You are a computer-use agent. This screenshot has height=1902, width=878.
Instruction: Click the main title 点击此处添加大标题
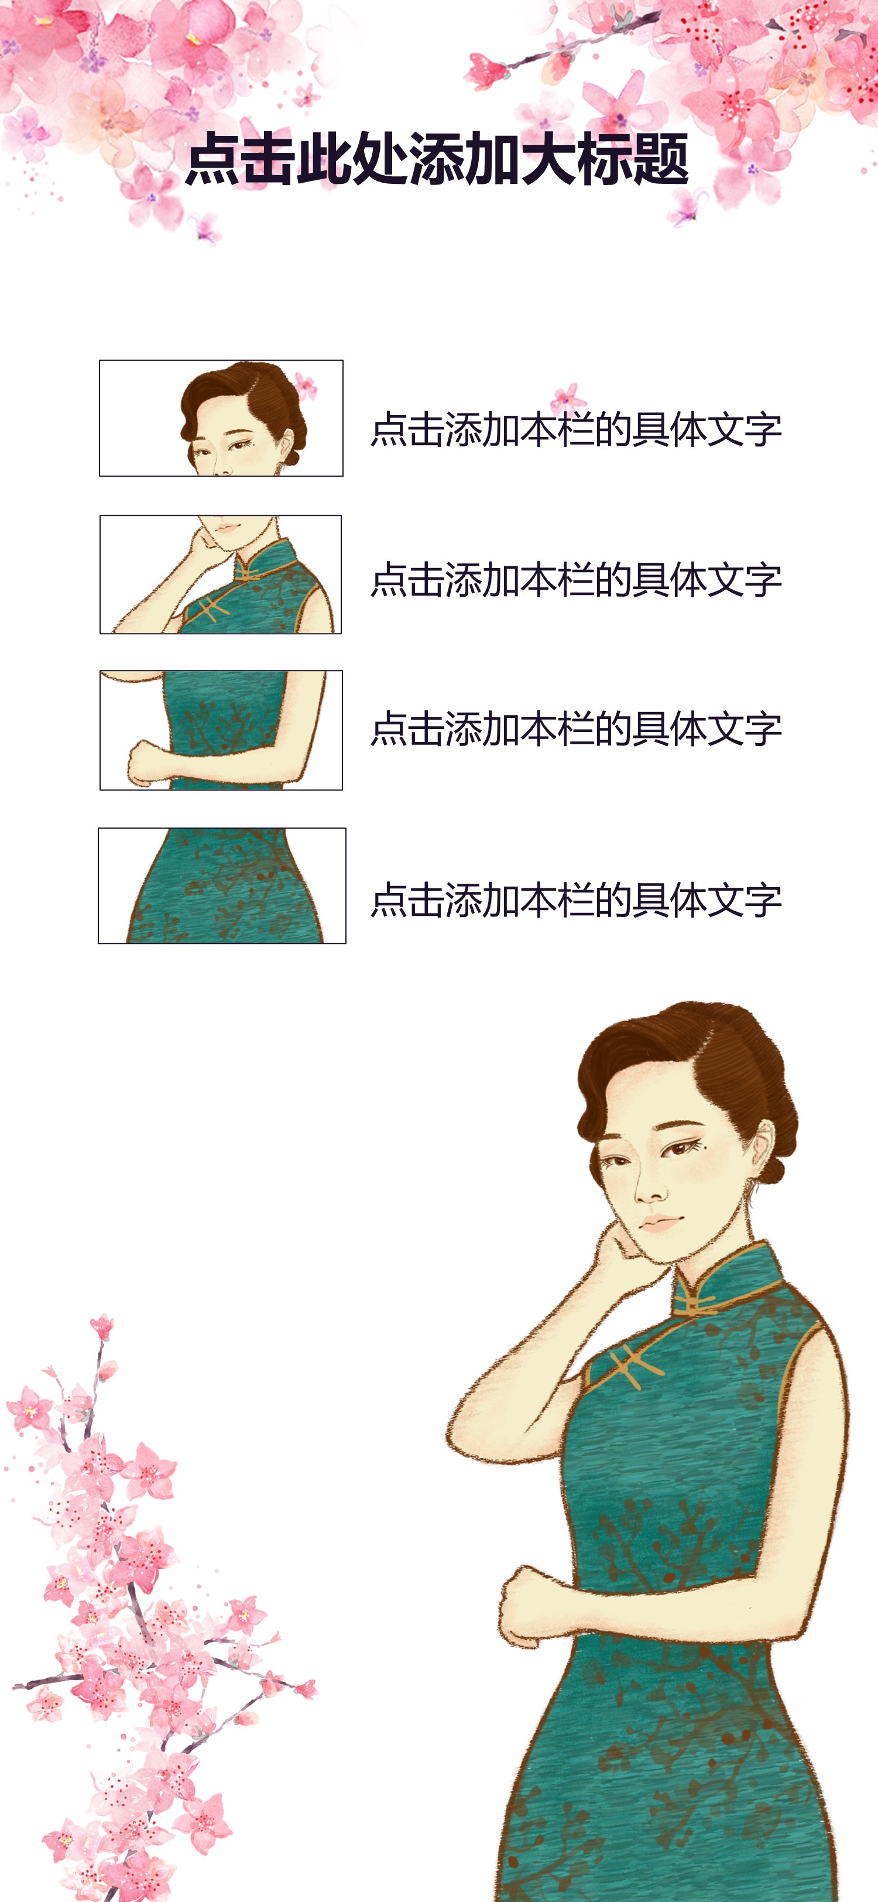(437, 159)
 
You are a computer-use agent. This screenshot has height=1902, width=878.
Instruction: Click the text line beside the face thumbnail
(576, 429)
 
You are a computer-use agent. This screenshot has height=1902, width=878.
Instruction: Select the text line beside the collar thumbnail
(576, 580)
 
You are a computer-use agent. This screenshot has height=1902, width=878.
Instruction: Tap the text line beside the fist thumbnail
(576, 728)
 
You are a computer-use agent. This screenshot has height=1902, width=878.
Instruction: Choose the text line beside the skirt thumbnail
(576, 900)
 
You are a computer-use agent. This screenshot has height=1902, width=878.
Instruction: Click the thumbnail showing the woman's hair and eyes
(221, 418)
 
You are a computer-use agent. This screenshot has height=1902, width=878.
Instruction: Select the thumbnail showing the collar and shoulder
(221, 574)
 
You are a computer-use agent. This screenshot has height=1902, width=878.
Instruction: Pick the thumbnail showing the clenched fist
(221, 730)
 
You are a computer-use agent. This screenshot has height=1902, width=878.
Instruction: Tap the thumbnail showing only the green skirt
(222, 885)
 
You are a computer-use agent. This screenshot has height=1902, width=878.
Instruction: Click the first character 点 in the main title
(212, 159)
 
